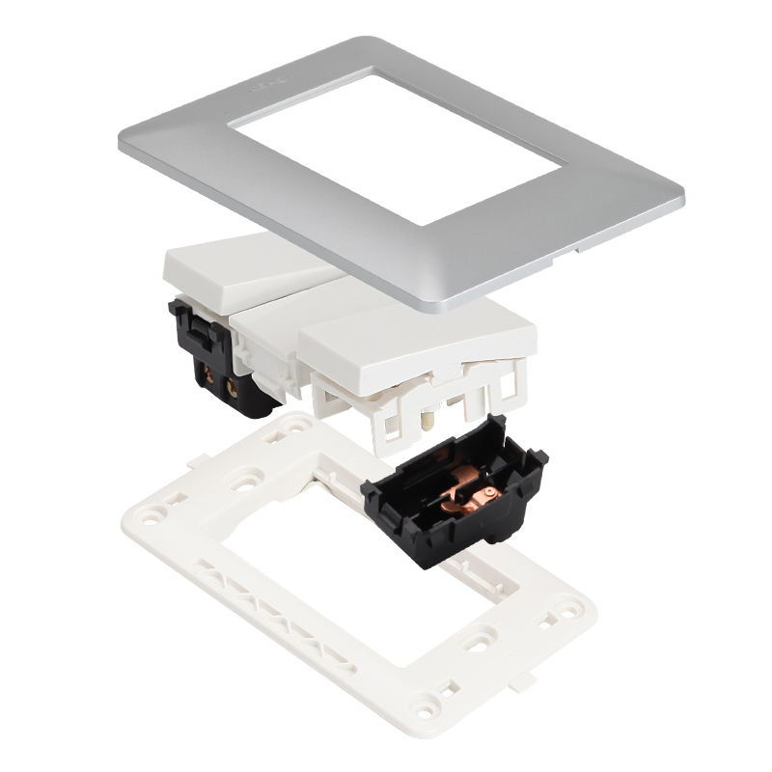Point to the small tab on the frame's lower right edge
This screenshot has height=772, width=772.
(x=522, y=682)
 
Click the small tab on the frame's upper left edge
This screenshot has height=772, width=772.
(x=198, y=461)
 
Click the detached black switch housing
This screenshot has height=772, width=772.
(x=454, y=492)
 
